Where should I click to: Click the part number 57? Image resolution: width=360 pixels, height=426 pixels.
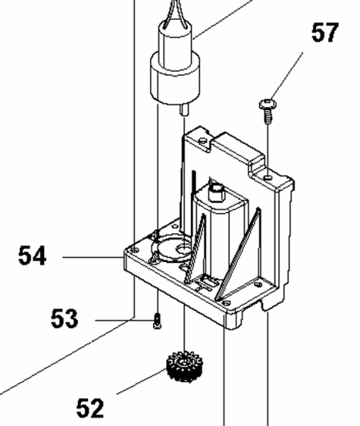[324, 33]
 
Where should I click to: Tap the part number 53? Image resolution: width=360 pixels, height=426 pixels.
[65, 319]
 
